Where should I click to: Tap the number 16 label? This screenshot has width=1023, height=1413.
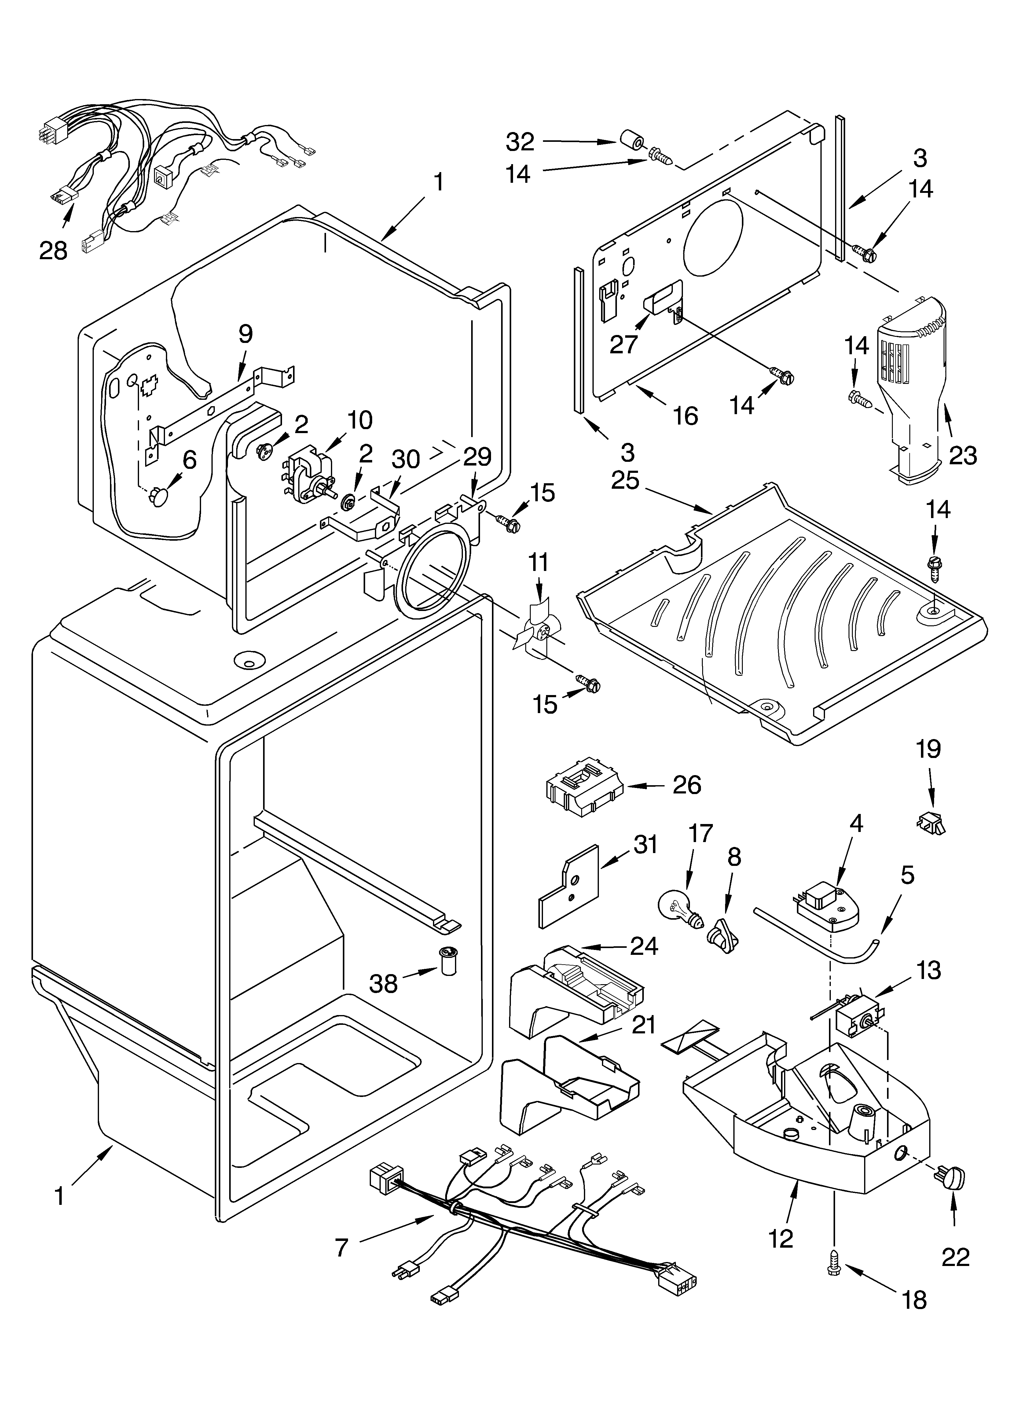(685, 416)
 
